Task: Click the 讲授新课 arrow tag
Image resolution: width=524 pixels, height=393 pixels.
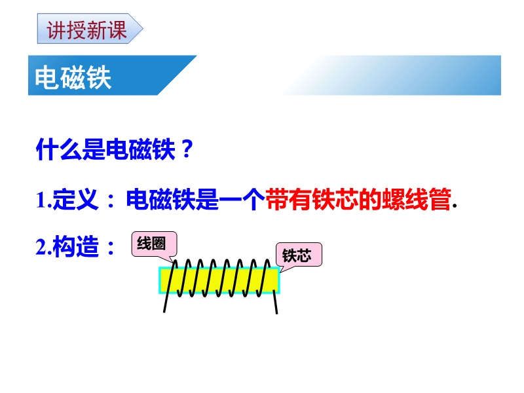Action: tap(90, 29)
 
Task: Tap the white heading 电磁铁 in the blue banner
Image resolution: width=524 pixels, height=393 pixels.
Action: tap(73, 77)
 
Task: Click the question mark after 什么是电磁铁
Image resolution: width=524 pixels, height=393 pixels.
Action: tap(186, 149)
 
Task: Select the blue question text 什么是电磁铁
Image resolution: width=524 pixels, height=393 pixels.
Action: tap(105, 149)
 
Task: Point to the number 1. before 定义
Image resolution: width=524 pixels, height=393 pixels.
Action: tap(43, 200)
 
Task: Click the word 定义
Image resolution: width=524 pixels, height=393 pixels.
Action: tap(75, 200)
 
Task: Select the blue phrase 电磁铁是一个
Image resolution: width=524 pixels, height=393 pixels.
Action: tap(195, 200)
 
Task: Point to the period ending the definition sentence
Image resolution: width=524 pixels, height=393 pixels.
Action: tap(455, 206)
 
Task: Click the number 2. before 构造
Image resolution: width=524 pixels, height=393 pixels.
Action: tap(43, 247)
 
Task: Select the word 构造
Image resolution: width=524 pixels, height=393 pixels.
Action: tap(75, 247)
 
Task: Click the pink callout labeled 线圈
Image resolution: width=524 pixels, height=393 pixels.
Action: tap(154, 244)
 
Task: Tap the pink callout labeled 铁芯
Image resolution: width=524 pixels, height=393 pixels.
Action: tap(299, 255)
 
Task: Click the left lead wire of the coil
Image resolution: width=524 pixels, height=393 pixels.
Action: tap(169, 287)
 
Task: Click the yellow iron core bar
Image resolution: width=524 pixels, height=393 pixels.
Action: tap(219, 281)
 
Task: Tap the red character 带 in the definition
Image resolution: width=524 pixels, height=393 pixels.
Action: tap(277, 200)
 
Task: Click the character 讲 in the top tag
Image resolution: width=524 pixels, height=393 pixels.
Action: tap(56, 29)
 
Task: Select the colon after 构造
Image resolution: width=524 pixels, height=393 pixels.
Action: tap(111, 248)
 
